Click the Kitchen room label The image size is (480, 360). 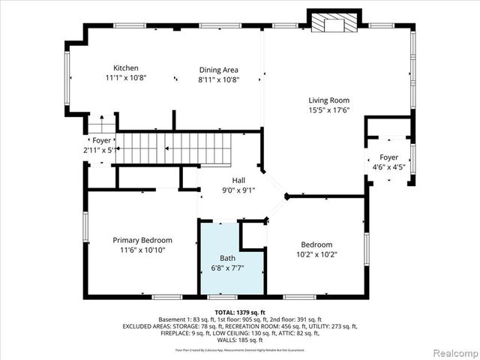point(125,68)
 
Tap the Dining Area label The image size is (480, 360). point(218,70)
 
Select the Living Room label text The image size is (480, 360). point(328,100)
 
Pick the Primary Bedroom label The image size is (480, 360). point(142,240)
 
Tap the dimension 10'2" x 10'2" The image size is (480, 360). point(316,254)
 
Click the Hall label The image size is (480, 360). point(238,180)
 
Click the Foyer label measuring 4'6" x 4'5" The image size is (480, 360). point(388,157)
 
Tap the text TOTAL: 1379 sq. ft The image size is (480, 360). point(240,311)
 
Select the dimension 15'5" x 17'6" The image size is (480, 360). point(328,110)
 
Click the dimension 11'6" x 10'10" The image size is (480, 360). point(142,250)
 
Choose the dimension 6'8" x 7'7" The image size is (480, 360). point(227,268)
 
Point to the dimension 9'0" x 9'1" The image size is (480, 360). point(238,190)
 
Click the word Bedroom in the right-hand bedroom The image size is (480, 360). point(316,244)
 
